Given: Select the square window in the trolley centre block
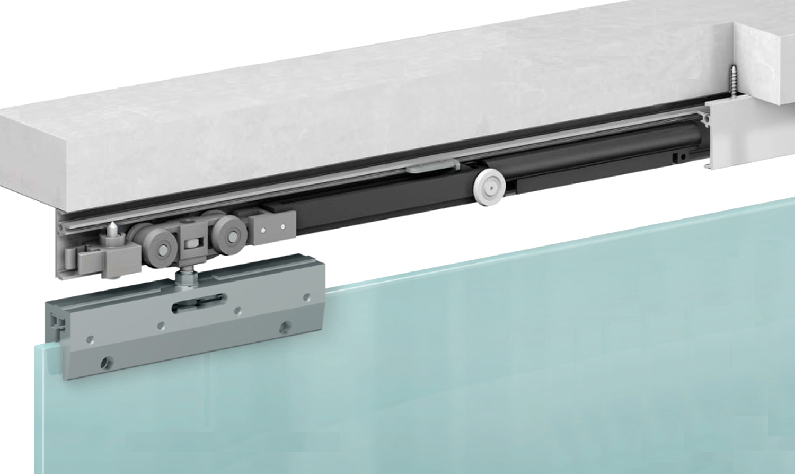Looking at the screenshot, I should point(189,245).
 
